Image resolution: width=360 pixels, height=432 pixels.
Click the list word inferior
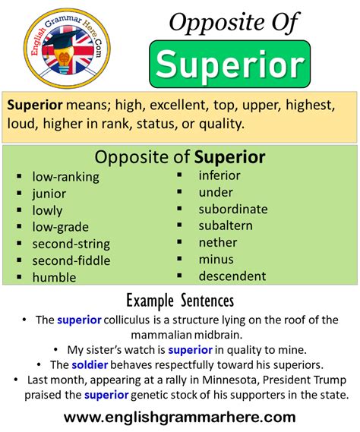[x=219, y=175]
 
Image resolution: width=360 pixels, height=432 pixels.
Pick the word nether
[x=217, y=242]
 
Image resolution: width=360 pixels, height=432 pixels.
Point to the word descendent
[x=232, y=276]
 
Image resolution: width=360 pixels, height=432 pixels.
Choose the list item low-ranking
[x=65, y=177]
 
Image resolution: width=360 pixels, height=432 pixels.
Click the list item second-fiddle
[x=71, y=260]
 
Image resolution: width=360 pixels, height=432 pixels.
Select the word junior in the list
[x=49, y=194]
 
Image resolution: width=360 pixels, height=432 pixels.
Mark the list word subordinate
[x=232, y=209]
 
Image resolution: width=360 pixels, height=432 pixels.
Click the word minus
[x=216, y=259]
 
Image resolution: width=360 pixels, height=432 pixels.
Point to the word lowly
[x=47, y=210]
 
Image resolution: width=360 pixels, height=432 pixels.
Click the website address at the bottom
[x=179, y=417]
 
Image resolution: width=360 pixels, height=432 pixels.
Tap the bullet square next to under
[x=181, y=192]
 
